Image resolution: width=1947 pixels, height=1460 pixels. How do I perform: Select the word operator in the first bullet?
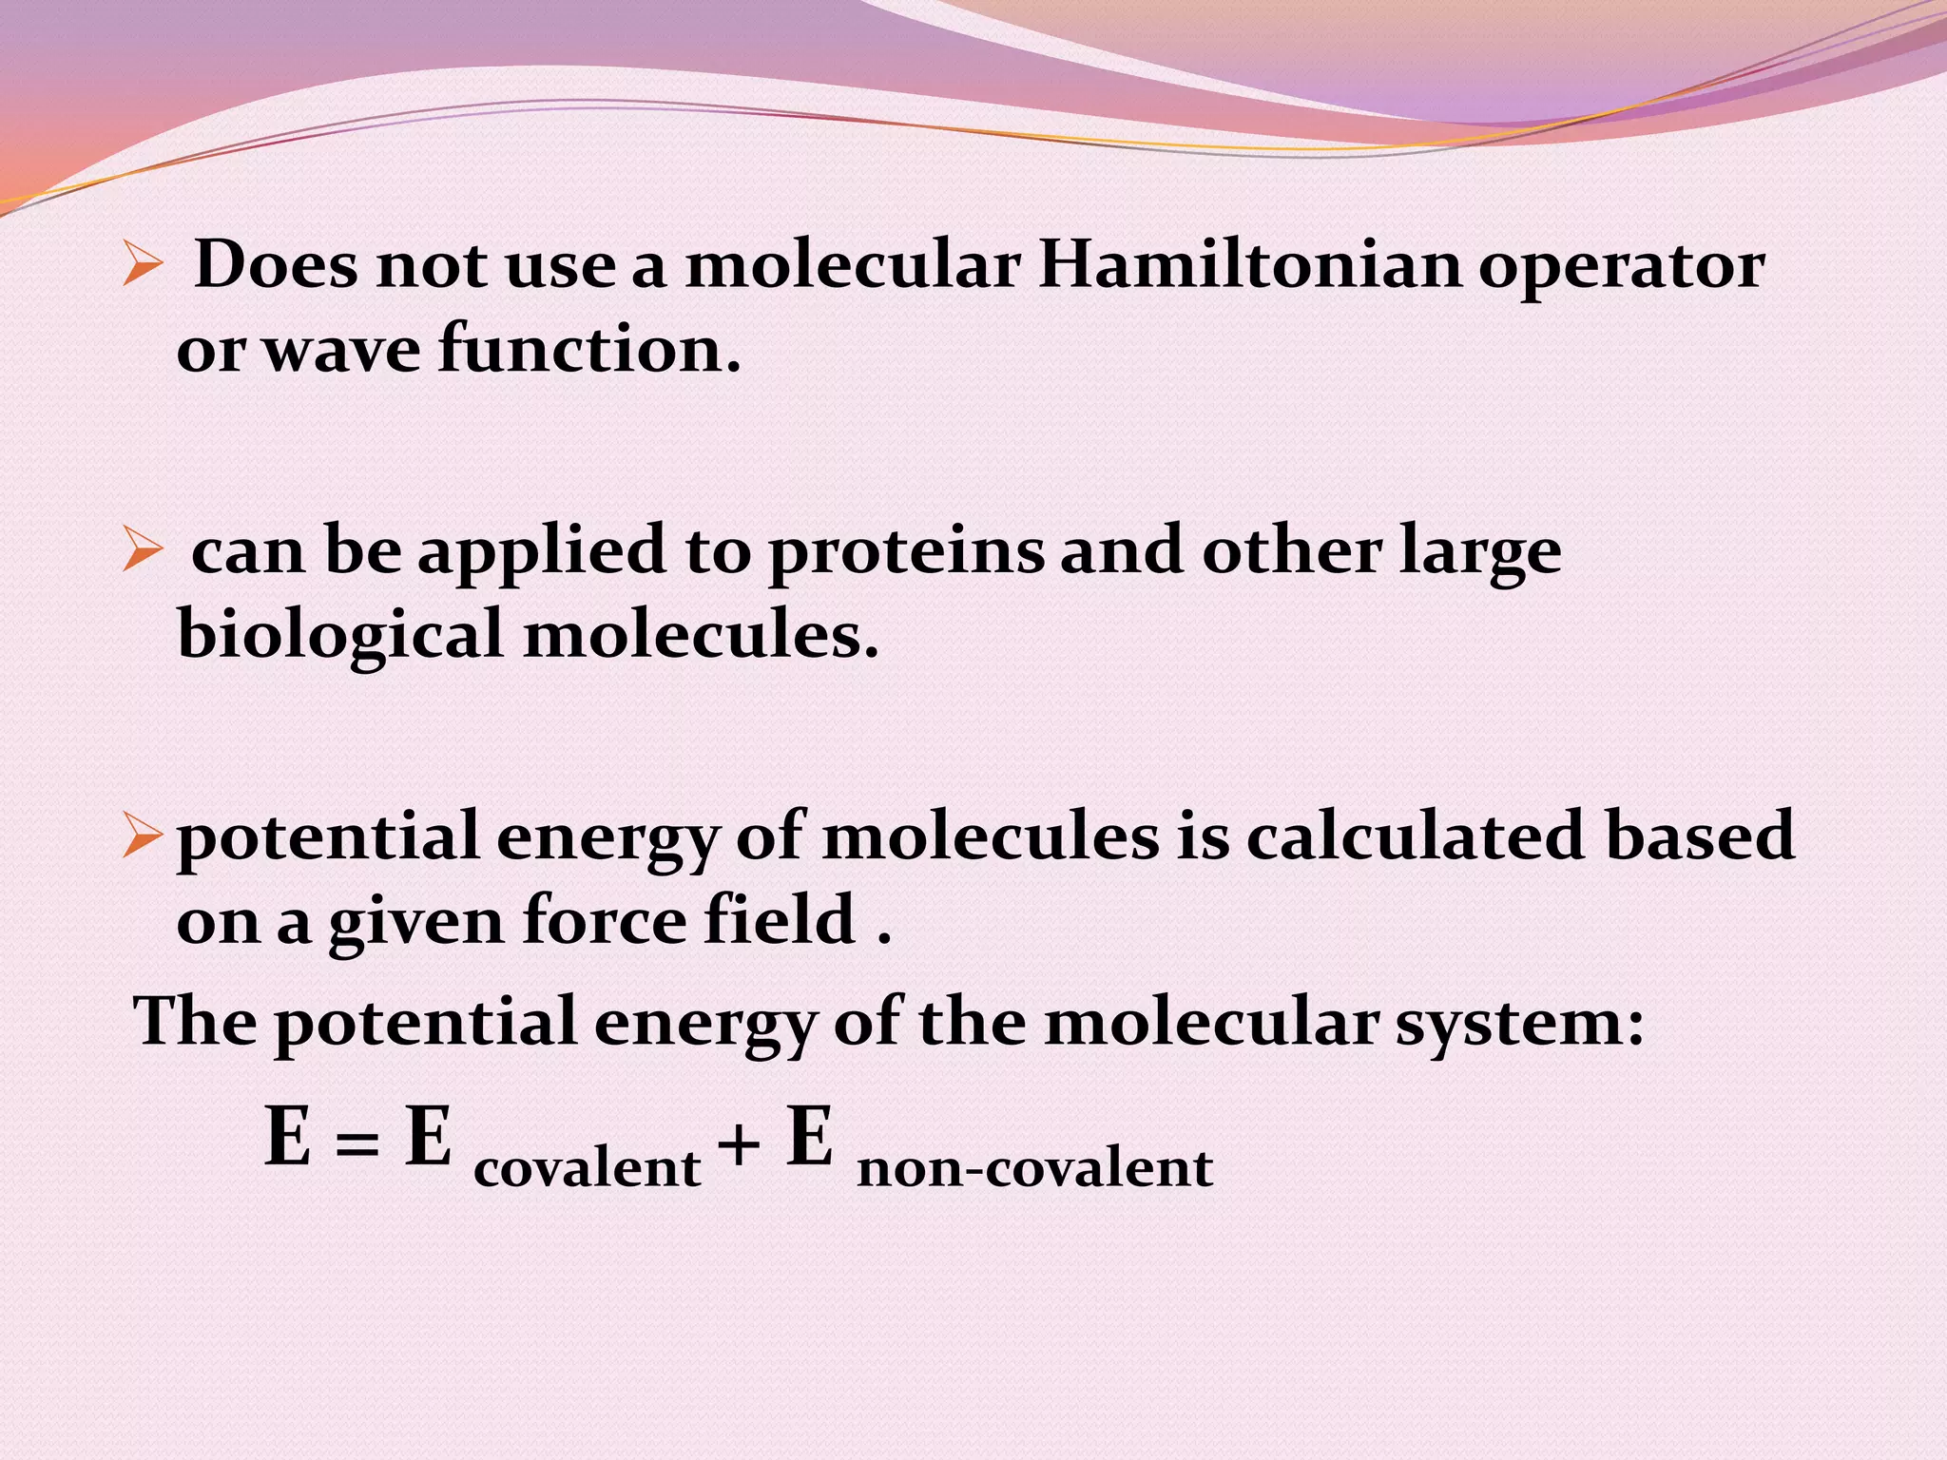pyautogui.click(x=1621, y=269)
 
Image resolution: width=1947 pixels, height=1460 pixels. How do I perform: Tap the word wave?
pyautogui.click(x=340, y=350)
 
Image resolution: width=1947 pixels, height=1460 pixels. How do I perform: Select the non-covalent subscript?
pyautogui.click(x=1034, y=1168)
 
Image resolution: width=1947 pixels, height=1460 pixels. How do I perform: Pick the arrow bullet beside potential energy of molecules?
pyautogui.click(x=143, y=836)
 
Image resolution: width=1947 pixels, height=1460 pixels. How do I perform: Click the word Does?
pyautogui.click(x=277, y=265)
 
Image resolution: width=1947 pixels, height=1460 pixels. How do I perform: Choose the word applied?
pyautogui.click(x=542, y=554)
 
